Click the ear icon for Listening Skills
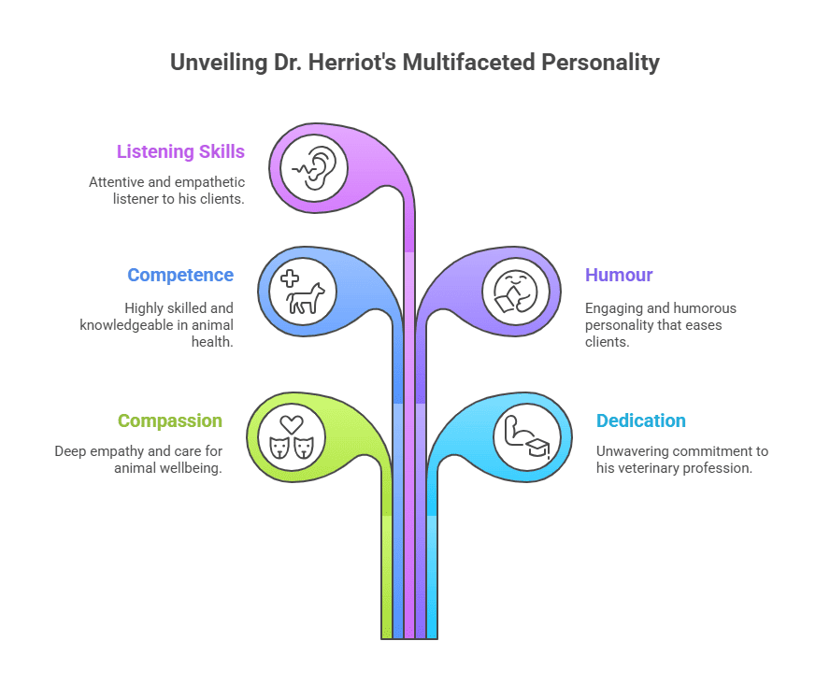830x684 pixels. coord(314,169)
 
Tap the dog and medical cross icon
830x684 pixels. coord(302,291)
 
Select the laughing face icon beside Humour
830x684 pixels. coord(515,291)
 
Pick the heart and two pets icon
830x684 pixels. coord(291,436)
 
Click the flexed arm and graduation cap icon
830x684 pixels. coord(526,436)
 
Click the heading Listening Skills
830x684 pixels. coord(180,151)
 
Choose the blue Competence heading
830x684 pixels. coord(180,275)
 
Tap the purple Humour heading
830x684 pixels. coord(619,275)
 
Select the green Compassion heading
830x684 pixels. coord(170,420)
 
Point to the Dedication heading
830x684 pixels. coord(641,420)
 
